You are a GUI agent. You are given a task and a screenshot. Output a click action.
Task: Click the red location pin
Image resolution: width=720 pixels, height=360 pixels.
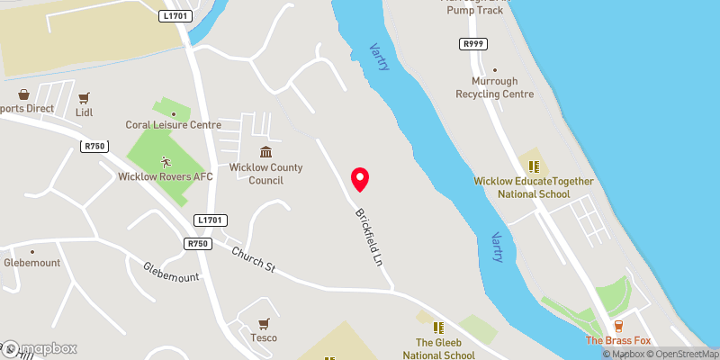360,179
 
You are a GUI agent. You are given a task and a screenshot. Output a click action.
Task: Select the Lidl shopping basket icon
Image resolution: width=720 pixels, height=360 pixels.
85,98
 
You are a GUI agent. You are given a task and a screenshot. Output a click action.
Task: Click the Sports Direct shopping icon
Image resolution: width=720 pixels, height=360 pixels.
23,94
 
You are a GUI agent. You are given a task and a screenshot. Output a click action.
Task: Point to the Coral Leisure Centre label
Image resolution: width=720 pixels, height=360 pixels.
173,125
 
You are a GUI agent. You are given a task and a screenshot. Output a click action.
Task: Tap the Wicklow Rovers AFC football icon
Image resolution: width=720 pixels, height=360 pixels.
165,162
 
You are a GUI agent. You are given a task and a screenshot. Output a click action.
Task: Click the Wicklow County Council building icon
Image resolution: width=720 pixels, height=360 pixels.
265,152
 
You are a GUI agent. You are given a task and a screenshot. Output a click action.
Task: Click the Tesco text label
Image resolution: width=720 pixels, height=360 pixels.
264,338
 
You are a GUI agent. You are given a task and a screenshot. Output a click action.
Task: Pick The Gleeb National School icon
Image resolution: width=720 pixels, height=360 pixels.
438,328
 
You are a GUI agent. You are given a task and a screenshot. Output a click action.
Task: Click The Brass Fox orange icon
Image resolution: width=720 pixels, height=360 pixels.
618,326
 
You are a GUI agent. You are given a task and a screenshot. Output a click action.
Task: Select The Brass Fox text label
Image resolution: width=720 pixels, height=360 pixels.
617,340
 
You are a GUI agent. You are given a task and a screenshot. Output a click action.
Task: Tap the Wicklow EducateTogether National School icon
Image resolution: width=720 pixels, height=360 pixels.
534,166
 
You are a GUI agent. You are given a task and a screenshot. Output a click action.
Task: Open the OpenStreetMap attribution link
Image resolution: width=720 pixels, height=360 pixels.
682,354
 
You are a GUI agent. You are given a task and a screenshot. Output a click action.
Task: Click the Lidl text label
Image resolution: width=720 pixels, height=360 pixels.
85,112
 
